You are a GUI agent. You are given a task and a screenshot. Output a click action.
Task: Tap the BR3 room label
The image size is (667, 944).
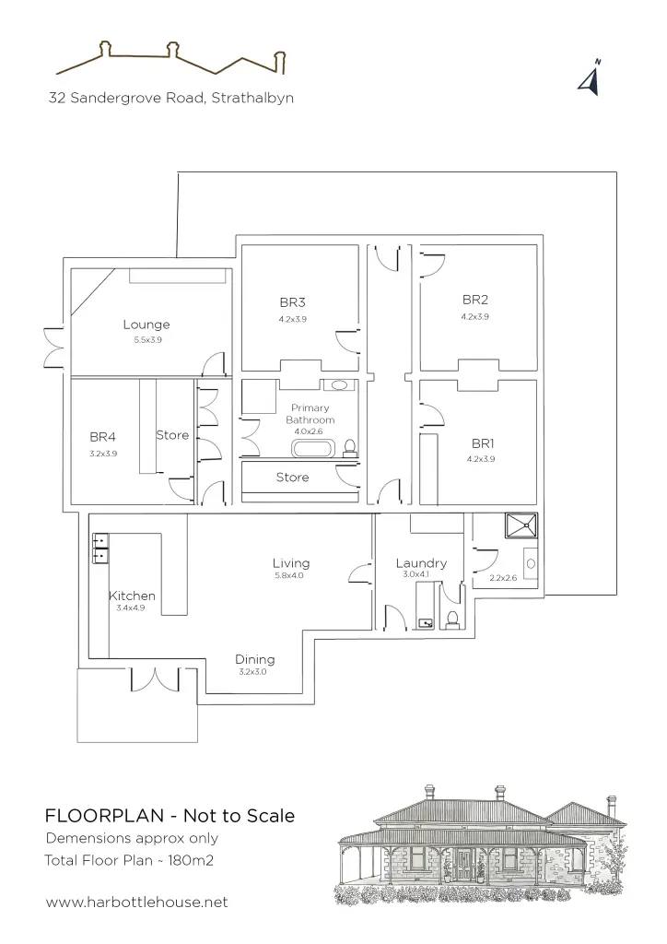click(x=292, y=302)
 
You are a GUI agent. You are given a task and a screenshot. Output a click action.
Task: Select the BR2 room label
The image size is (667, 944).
click(x=475, y=300)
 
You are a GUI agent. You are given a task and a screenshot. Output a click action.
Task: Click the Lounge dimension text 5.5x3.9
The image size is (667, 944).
click(x=148, y=339)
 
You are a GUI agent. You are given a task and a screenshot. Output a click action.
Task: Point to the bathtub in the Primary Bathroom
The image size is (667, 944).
click(x=313, y=449)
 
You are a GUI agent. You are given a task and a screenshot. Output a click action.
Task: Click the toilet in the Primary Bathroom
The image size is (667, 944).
click(x=349, y=447)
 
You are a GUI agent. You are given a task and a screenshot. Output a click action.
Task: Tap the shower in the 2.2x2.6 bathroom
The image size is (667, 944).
click(x=521, y=525)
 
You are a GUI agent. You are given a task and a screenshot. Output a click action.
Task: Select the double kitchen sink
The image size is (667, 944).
click(x=100, y=548)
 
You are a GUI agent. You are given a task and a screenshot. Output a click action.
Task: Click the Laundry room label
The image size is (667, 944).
click(x=421, y=563)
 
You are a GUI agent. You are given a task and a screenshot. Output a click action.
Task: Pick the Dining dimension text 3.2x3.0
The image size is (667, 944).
click(x=252, y=672)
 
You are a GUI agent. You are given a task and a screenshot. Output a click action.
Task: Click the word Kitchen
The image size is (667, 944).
click(x=133, y=596)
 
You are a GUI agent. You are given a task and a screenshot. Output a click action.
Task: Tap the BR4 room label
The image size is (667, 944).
click(x=103, y=437)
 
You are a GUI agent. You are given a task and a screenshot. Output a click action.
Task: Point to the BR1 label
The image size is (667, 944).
click(x=483, y=443)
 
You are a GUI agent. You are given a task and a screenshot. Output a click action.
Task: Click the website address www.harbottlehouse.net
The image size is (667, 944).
click(x=136, y=902)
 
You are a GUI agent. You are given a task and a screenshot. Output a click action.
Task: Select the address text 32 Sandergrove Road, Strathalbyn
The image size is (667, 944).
click(x=171, y=98)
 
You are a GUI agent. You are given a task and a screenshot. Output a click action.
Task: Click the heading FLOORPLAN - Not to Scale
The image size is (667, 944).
click(x=170, y=816)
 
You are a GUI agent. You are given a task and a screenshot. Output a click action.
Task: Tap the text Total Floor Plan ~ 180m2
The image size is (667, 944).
click(x=129, y=860)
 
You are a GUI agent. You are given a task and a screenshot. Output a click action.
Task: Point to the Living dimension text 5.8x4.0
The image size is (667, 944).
click(x=289, y=575)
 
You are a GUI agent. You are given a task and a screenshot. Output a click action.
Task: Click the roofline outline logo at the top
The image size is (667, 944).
click(x=170, y=58)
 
